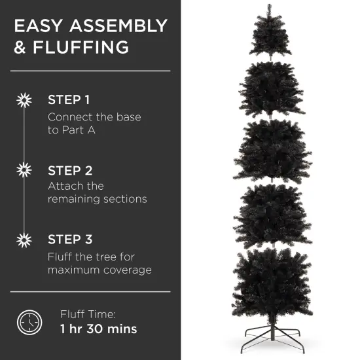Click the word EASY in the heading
39,26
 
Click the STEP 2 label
70,170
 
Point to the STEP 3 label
70,240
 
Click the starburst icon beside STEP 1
24,100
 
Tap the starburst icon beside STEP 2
24,170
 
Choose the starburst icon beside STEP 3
24,240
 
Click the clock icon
29,321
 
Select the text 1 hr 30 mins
98,329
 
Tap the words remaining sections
97,199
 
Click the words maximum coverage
99,270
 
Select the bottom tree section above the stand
270,281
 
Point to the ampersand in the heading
21,48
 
